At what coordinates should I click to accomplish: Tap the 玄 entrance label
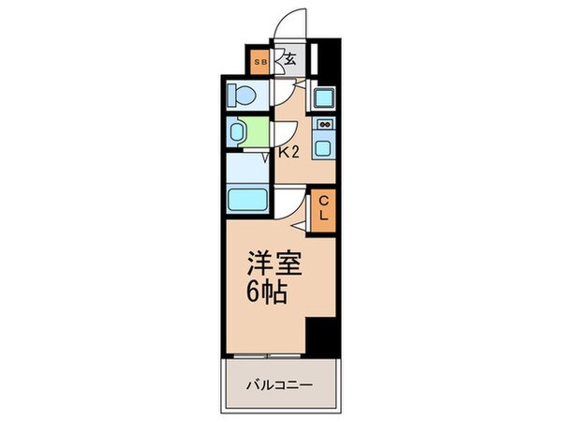[290, 60]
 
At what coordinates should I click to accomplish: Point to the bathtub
[248, 200]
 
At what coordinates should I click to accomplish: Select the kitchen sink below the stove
[324, 146]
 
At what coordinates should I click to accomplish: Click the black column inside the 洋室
[321, 335]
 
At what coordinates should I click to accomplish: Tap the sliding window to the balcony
[269, 356]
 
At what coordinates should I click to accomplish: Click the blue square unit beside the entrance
[324, 97]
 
